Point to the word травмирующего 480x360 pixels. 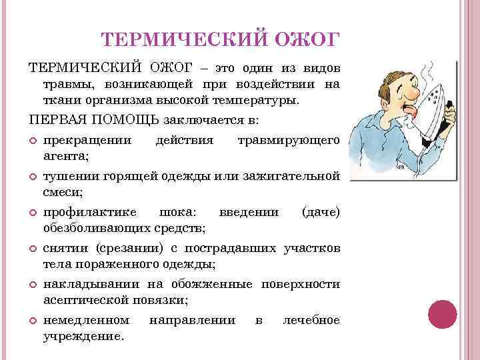[x=289, y=141]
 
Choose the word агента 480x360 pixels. [x=67, y=156]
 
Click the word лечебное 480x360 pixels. [x=311, y=321]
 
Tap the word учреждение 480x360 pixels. [x=83, y=336]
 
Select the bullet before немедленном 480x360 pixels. [x=33, y=321]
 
